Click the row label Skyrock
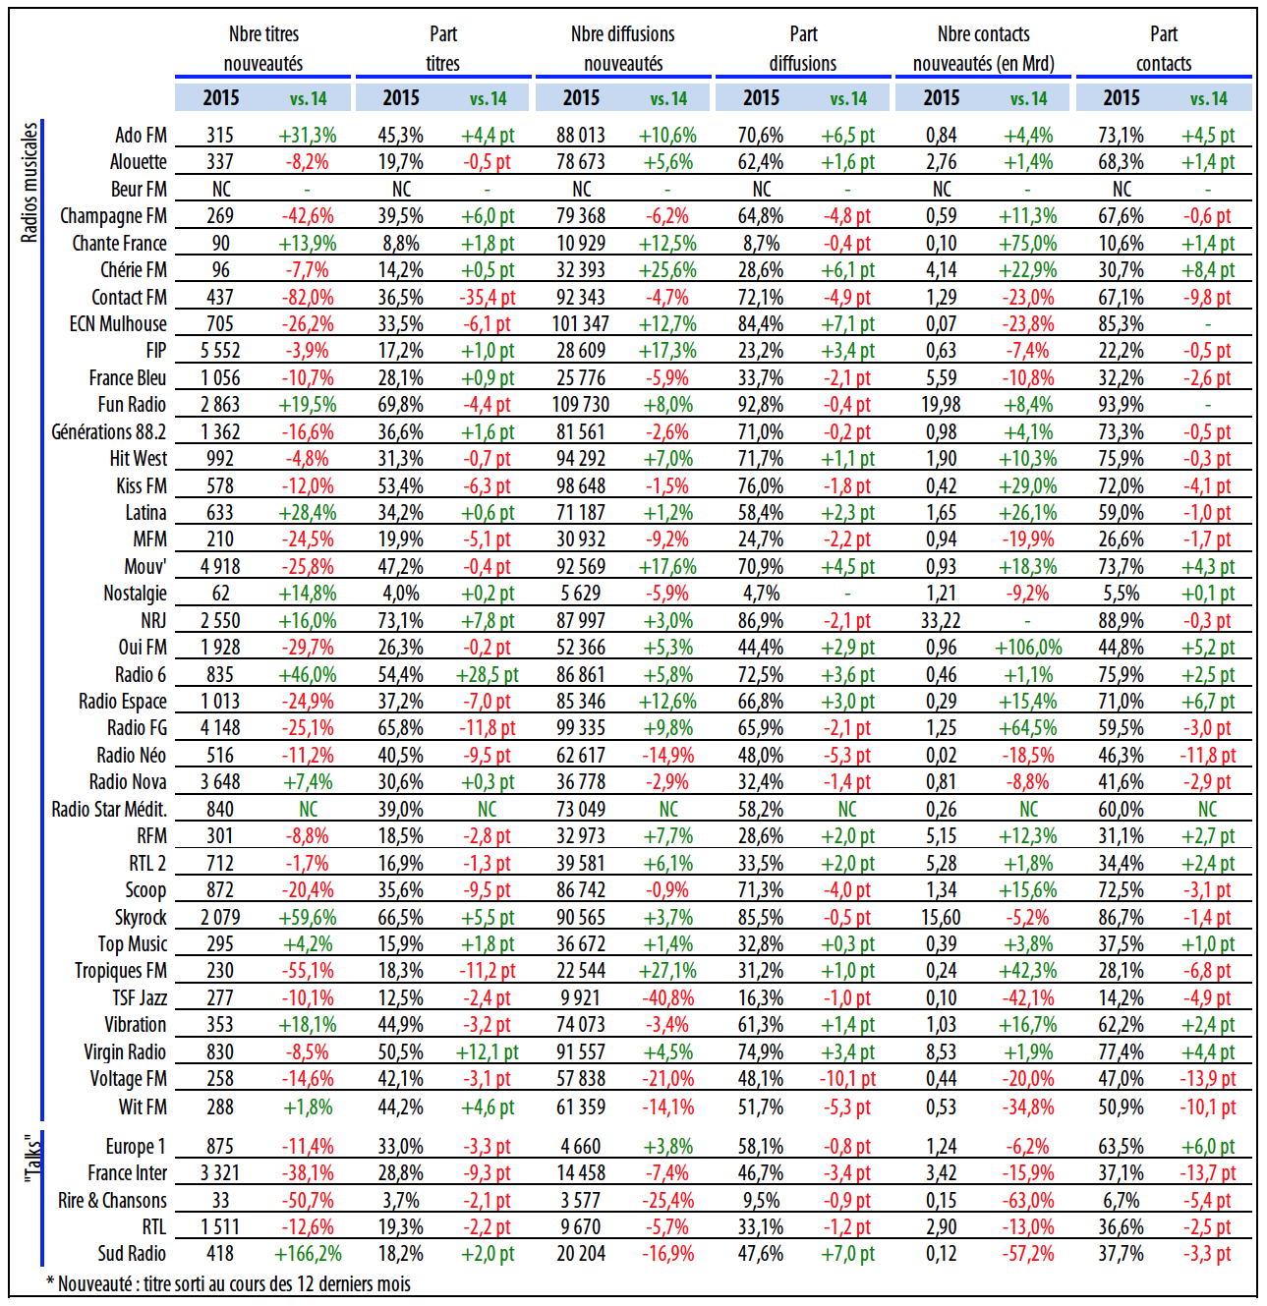[x=141, y=917]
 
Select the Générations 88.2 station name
[x=109, y=431]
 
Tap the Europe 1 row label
[x=136, y=1146]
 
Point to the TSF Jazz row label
[x=139, y=997]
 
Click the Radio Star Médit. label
[x=109, y=809]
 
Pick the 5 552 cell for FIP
[x=220, y=351]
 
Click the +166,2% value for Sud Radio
[x=308, y=1254]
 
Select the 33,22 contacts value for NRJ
[x=941, y=620]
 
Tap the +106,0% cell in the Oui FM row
[x=1028, y=648]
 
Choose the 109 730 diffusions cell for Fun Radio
[x=581, y=405]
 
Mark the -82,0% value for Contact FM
[x=308, y=297]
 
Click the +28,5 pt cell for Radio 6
[x=488, y=674]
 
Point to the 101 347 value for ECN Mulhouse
[x=581, y=323]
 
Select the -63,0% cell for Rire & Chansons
[x=1028, y=1200]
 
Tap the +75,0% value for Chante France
[x=1028, y=243]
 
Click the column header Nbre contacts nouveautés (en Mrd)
[x=983, y=48]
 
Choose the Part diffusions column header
[x=803, y=48]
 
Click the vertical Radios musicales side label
[x=29, y=182]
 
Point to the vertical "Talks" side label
[x=31, y=1160]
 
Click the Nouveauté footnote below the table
[x=229, y=1284]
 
